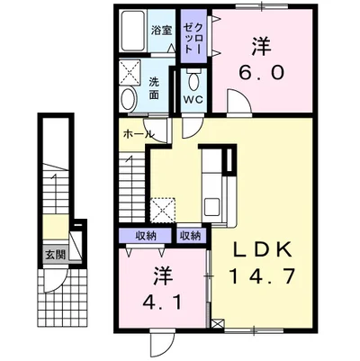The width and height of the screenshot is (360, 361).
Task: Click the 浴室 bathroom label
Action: [161, 31]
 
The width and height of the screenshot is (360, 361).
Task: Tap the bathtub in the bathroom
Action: [134, 31]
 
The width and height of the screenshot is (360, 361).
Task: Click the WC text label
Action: [193, 100]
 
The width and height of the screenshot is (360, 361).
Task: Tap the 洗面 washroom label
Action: [154, 88]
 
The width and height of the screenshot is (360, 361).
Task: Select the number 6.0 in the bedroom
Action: [261, 72]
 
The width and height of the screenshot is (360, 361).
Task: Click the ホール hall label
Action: [139, 134]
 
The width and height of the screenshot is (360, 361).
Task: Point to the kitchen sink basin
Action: [211, 206]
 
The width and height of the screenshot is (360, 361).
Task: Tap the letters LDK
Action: [264, 249]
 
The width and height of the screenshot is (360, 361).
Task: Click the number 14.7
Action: [263, 276]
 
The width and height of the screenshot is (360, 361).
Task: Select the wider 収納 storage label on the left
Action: [146, 236]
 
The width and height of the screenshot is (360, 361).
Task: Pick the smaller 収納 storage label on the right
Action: [190, 236]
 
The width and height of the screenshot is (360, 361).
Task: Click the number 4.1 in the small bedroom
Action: [162, 303]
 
